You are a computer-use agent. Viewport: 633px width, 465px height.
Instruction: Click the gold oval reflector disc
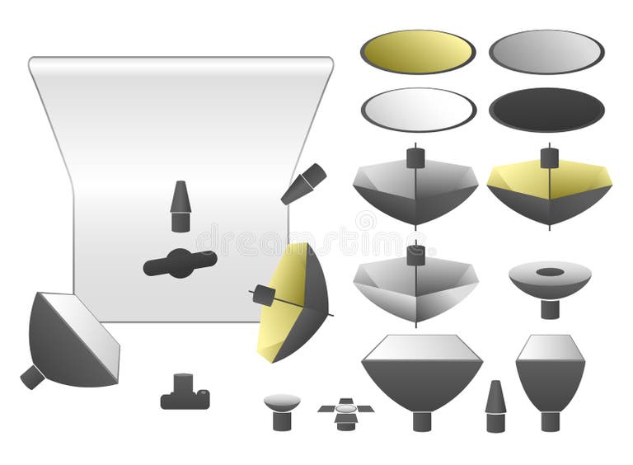(417, 52)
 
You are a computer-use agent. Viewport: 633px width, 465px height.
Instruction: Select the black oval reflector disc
(546, 110)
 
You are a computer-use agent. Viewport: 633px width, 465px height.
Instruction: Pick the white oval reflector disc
(418, 110)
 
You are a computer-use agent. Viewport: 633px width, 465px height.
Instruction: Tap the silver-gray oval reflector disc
(546, 52)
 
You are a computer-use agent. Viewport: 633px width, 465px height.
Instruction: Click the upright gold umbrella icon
(550, 190)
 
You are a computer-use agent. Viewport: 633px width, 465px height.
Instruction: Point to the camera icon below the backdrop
(185, 394)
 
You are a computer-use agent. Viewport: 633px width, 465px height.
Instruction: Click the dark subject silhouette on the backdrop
(180, 263)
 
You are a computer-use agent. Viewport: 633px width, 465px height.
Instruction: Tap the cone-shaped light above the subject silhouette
(181, 206)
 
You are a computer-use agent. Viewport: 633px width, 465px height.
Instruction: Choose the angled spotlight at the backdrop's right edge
(303, 184)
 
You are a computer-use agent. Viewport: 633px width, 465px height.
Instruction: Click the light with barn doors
(346, 411)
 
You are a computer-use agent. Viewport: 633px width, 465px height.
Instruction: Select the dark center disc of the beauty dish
(550, 272)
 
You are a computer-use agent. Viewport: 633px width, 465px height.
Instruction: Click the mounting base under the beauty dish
(550, 308)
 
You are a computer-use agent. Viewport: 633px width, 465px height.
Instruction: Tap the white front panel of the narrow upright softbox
(550, 348)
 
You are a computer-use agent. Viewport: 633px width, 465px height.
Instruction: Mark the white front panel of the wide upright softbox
(421, 348)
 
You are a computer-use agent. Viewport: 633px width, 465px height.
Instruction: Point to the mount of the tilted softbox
(32, 377)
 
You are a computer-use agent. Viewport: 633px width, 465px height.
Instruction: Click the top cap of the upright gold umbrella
(550, 156)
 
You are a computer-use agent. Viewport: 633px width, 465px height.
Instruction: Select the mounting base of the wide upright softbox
(421, 420)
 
